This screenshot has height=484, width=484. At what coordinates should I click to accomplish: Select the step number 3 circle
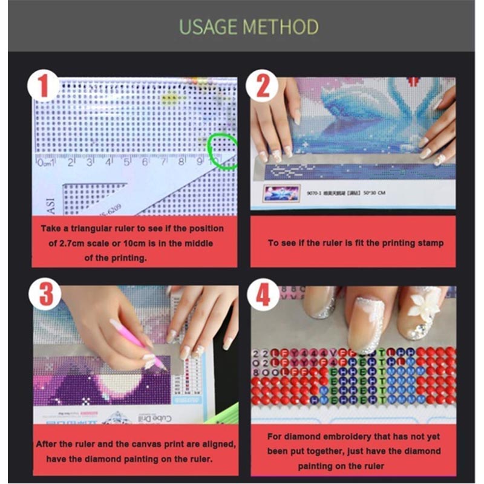[45, 296]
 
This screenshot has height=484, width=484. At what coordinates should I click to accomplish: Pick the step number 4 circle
[263, 296]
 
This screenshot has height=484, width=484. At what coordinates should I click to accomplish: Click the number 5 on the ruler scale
[127, 162]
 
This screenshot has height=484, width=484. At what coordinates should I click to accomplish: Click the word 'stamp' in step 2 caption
[429, 243]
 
